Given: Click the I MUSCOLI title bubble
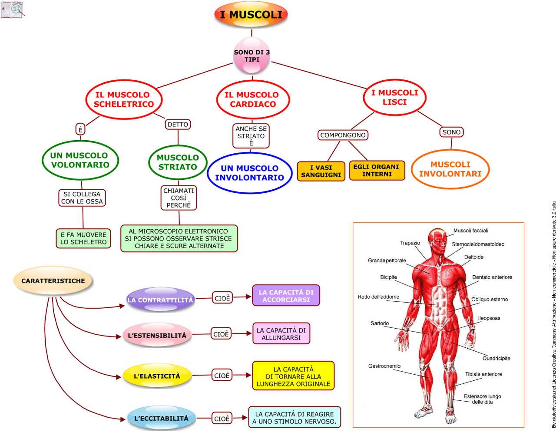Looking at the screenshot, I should click(251, 15).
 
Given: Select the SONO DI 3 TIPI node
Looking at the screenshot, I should click(252, 56).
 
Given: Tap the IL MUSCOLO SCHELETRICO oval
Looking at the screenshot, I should click(124, 99).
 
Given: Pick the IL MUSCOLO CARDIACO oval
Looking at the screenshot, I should click(253, 99).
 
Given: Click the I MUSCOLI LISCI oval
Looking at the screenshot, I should click(394, 97).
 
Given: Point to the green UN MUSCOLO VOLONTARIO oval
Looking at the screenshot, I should click(80, 160).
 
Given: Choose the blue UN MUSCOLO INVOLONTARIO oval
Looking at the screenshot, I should click(250, 173).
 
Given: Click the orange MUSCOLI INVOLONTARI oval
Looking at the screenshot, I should click(450, 169).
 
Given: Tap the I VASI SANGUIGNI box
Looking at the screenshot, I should click(321, 171).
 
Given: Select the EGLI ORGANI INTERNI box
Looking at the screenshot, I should click(377, 170).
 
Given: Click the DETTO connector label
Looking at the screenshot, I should click(178, 125).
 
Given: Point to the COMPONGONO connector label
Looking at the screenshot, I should click(343, 135).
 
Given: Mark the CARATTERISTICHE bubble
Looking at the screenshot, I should click(53, 281).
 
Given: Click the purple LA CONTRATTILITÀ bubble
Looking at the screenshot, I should click(160, 300).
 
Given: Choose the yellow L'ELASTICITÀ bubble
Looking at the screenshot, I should click(157, 376).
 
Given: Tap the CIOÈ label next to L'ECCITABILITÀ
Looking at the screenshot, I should click(222, 419).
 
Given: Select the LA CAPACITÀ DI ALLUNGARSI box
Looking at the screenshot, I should click(281, 333).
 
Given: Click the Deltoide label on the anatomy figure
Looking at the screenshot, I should click(473, 257).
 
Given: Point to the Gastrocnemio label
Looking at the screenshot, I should click(384, 366).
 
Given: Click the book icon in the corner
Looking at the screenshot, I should click(12, 10).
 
